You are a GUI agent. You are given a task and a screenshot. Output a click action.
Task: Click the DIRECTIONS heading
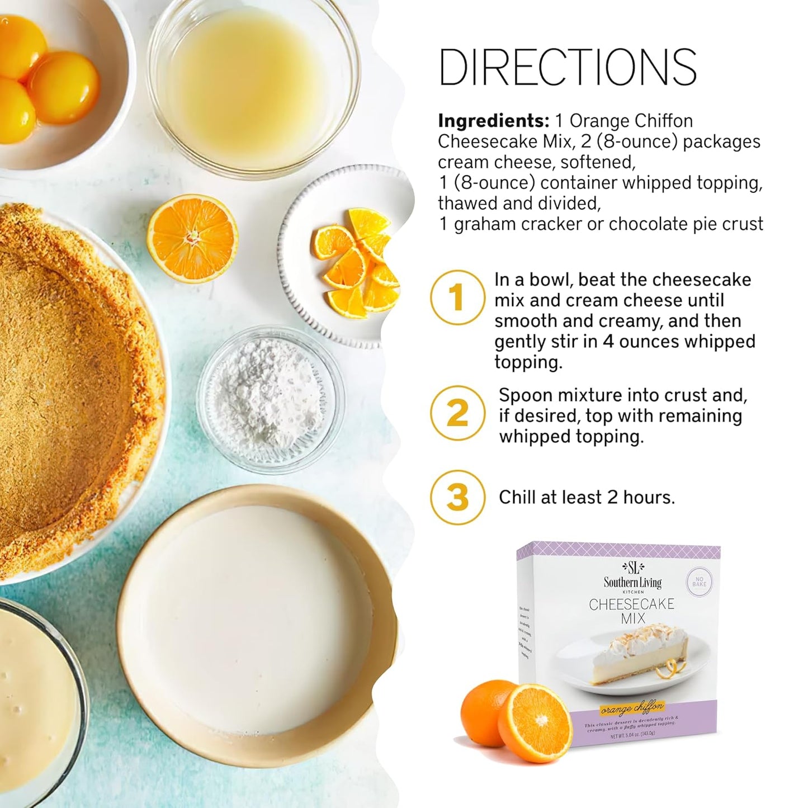(x=568, y=67)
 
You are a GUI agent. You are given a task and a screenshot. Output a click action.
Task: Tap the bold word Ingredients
(x=494, y=121)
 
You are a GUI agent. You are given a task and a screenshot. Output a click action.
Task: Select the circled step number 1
(x=457, y=297)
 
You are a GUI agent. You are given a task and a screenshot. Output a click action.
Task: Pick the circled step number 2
(x=457, y=413)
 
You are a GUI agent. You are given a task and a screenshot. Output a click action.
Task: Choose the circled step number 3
(x=457, y=497)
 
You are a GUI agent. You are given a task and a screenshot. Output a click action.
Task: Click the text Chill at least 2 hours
(x=587, y=497)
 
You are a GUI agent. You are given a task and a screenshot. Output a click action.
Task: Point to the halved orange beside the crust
(x=192, y=238)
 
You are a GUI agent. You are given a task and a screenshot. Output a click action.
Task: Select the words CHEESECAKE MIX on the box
(x=632, y=611)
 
